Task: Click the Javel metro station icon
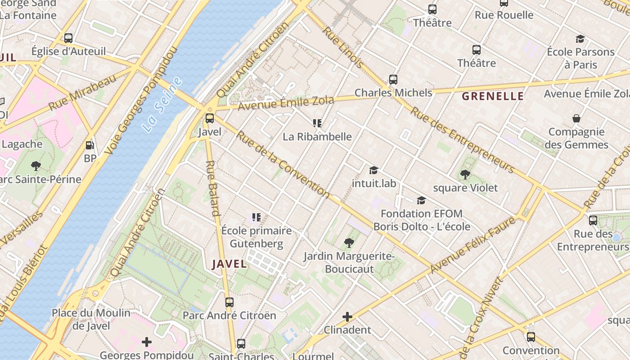(210, 118)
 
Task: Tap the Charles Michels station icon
(393, 80)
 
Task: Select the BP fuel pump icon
(90, 145)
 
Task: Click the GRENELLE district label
(493, 96)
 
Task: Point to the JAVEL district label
(229, 264)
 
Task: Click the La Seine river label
(163, 105)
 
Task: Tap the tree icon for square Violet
(465, 174)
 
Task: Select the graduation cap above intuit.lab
(374, 170)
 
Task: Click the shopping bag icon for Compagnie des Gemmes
(576, 118)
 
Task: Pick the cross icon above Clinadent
(347, 317)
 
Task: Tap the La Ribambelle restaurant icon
(317, 123)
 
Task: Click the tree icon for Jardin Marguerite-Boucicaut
(349, 243)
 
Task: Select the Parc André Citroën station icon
(229, 302)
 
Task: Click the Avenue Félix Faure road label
(472, 245)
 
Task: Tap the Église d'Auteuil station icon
(68, 38)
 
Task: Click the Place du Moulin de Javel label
(91, 319)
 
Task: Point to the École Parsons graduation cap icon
(580, 39)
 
